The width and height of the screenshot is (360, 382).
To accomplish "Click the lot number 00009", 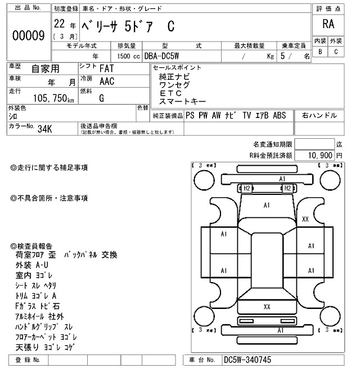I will pyautogui.click(x=28, y=35).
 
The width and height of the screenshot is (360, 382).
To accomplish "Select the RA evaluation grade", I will pyautogui.click(x=327, y=24).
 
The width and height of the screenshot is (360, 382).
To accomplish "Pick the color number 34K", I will pyautogui.click(x=44, y=129).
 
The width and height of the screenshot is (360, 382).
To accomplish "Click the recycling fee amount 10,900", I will pyautogui.click(x=318, y=154).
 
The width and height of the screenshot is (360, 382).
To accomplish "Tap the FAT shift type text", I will pyautogui.click(x=105, y=69).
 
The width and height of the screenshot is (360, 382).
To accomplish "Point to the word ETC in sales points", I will pyautogui.click(x=172, y=93).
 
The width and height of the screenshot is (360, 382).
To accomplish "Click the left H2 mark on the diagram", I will pyautogui.click(x=246, y=188).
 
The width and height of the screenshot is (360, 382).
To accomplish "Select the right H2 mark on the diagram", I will pyautogui.click(x=287, y=188).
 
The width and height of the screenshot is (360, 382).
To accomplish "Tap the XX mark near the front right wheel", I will pyautogui.click(x=305, y=219).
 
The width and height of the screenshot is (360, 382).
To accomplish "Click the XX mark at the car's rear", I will pyautogui.click(x=267, y=306).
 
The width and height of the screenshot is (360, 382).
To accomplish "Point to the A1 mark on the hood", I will pyautogui.click(x=267, y=206).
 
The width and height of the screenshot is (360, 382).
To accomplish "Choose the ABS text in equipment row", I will pyautogui.click(x=280, y=115).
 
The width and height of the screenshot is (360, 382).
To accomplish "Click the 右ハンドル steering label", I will pyautogui.click(x=319, y=115).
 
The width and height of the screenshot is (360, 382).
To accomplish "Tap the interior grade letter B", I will pyautogui.click(x=320, y=52).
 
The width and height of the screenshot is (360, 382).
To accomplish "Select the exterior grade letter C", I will pyautogui.click(x=336, y=52).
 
